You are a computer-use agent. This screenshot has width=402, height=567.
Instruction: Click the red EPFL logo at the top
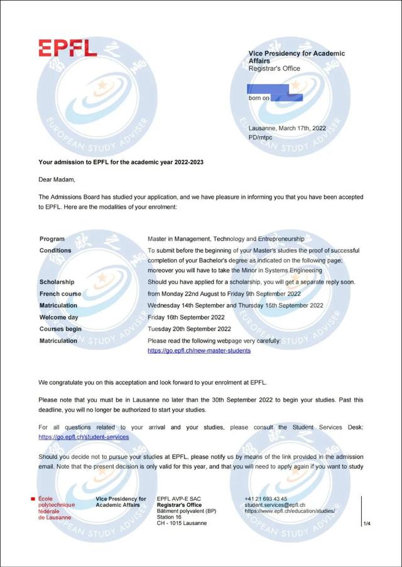(x=68, y=48)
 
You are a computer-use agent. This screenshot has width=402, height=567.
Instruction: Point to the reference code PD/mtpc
(x=261, y=137)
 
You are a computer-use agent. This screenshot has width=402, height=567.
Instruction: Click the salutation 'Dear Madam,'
(x=57, y=179)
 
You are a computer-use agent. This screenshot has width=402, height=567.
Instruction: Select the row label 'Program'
(x=52, y=239)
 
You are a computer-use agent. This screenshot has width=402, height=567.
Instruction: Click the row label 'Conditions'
(x=55, y=250)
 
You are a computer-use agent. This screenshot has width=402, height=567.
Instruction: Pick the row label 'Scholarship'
(x=57, y=282)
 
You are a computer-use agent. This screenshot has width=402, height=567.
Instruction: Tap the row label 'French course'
(x=60, y=294)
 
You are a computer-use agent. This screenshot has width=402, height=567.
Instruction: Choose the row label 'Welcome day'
(x=59, y=317)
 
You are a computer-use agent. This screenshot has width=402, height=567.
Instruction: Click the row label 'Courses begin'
(x=60, y=329)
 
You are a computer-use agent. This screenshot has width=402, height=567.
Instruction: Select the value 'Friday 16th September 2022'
(x=186, y=317)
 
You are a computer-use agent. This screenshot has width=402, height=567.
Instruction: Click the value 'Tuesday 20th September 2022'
(x=189, y=329)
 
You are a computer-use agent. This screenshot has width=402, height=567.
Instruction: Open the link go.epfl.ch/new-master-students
(x=199, y=351)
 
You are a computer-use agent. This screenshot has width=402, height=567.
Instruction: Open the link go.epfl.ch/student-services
(x=84, y=437)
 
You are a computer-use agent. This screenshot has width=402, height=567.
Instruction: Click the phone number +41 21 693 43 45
(x=266, y=499)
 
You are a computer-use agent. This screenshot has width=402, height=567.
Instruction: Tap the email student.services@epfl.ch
(x=275, y=505)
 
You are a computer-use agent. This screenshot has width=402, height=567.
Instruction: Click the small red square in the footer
(x=33, y=499)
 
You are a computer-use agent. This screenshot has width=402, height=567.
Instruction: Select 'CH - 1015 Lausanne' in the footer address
(x=182, y=523)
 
